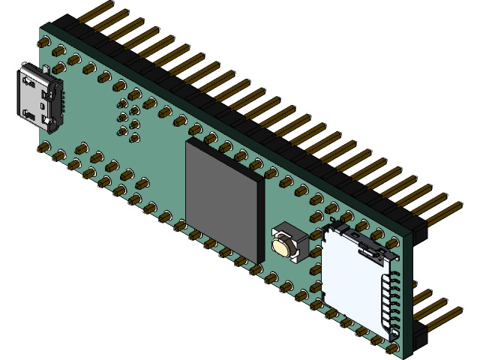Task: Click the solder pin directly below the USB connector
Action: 46,146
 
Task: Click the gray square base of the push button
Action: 287,240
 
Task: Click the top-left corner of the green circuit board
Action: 41,28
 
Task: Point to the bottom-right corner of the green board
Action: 406,357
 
